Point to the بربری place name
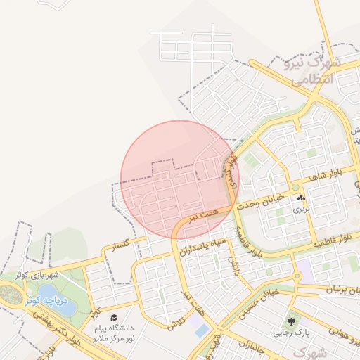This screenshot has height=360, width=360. (301, 209)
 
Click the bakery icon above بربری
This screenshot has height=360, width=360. (301, 198)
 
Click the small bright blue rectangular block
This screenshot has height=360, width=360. (202, 330)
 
